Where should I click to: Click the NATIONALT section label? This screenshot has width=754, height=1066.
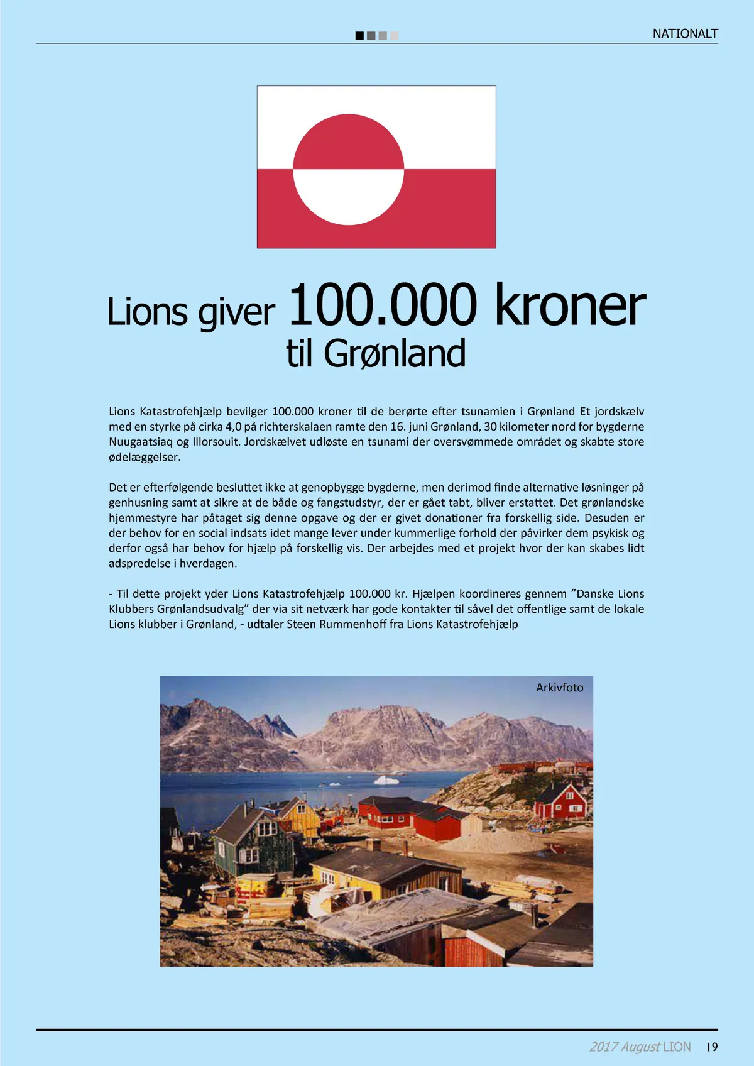(685, 34)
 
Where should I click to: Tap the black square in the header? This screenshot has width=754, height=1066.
(359, 36)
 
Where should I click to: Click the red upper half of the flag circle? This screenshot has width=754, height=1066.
(348, 143)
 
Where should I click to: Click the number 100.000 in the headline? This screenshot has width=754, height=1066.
(382, 305)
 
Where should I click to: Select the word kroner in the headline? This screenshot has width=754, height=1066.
(570, 305)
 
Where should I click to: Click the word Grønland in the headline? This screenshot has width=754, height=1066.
(395, 353)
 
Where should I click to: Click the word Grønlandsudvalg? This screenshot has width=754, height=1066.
(201, 609)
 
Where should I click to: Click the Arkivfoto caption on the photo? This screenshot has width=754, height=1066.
(559, 688)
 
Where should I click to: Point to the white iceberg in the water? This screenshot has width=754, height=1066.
(386, 780)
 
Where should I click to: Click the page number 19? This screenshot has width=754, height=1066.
(712, 1047)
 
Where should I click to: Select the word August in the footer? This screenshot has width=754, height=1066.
(640, 1047)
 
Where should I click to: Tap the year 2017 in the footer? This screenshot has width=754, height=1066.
(603, 1047)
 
